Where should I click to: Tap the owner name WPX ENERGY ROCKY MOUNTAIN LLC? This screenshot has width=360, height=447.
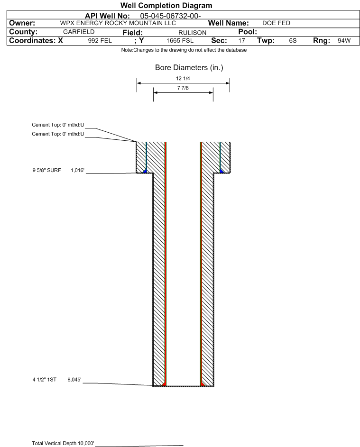(x=118, y=23)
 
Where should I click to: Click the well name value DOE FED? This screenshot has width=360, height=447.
(x=276, y=23)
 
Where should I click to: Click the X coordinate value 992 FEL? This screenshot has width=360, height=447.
(x=100, y=41)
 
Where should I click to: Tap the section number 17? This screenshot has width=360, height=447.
(x=242, y=41)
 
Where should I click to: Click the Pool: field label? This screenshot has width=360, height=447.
(x=247, y=32)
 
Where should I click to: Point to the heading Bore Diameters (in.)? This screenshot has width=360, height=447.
(x=189, y=68)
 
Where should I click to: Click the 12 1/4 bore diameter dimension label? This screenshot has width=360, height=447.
(x=183, y=79)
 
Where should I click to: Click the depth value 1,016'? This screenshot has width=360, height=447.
(x=77, y=170)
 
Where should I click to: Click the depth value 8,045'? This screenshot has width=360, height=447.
(x=75, y=379)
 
